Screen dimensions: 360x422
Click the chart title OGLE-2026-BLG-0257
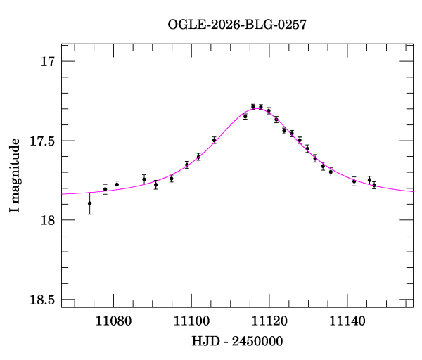click(237, 25)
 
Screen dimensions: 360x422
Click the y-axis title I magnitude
click(15, 176)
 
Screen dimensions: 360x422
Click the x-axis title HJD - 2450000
click(237, 341)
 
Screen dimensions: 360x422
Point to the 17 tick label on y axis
click(47, 62)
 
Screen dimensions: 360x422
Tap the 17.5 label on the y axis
click(41, 141)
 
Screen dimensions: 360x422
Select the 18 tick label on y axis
click(47, 221)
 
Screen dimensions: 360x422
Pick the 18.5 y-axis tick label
click(41, 300)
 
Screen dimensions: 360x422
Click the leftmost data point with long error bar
click(89, 203)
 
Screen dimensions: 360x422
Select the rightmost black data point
click(374, 185)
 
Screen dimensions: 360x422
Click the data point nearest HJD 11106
click(214, 140)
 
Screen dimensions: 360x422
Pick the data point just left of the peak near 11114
click(245, 116)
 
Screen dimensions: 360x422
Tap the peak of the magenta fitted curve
click(256, 109)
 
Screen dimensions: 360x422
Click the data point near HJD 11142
click(354, 181)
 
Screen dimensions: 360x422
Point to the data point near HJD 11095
click(172, 179)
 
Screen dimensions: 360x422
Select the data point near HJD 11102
click(198, 157)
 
